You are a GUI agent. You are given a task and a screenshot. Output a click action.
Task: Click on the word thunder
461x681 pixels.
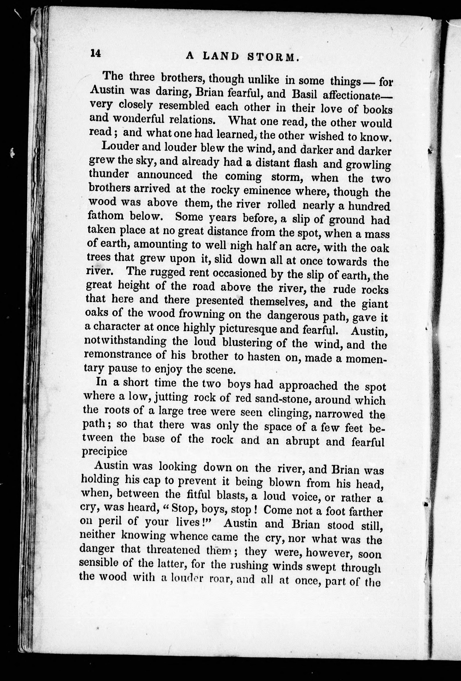[x=109, y=175]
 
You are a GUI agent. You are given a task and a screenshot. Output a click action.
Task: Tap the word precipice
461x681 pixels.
[x=104, y=452]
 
